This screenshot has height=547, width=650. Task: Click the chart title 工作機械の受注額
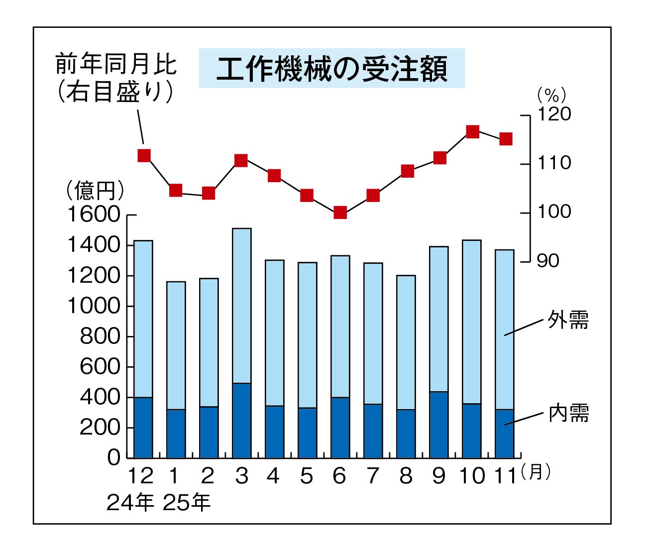point(331,69)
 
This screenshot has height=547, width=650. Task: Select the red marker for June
point(340,213)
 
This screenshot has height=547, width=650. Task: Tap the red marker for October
point(472,132)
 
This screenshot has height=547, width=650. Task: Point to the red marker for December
point(144,155)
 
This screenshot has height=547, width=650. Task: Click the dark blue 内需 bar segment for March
point(242,421)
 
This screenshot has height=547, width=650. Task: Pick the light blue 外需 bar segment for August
point(406,342)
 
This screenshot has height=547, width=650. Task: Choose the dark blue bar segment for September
point(439,425)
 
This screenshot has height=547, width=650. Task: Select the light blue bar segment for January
point(176,345)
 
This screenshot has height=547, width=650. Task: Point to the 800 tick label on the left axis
point(100,337)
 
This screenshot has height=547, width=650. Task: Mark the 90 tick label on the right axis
point(548,261)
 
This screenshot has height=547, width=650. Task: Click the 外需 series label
point(568,320)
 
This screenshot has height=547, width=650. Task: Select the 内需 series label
point(568,413)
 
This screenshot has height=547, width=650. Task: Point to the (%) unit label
point(551,95)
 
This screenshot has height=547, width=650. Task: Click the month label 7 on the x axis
point(373,476)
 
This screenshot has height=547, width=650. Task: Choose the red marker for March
point(241,160)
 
